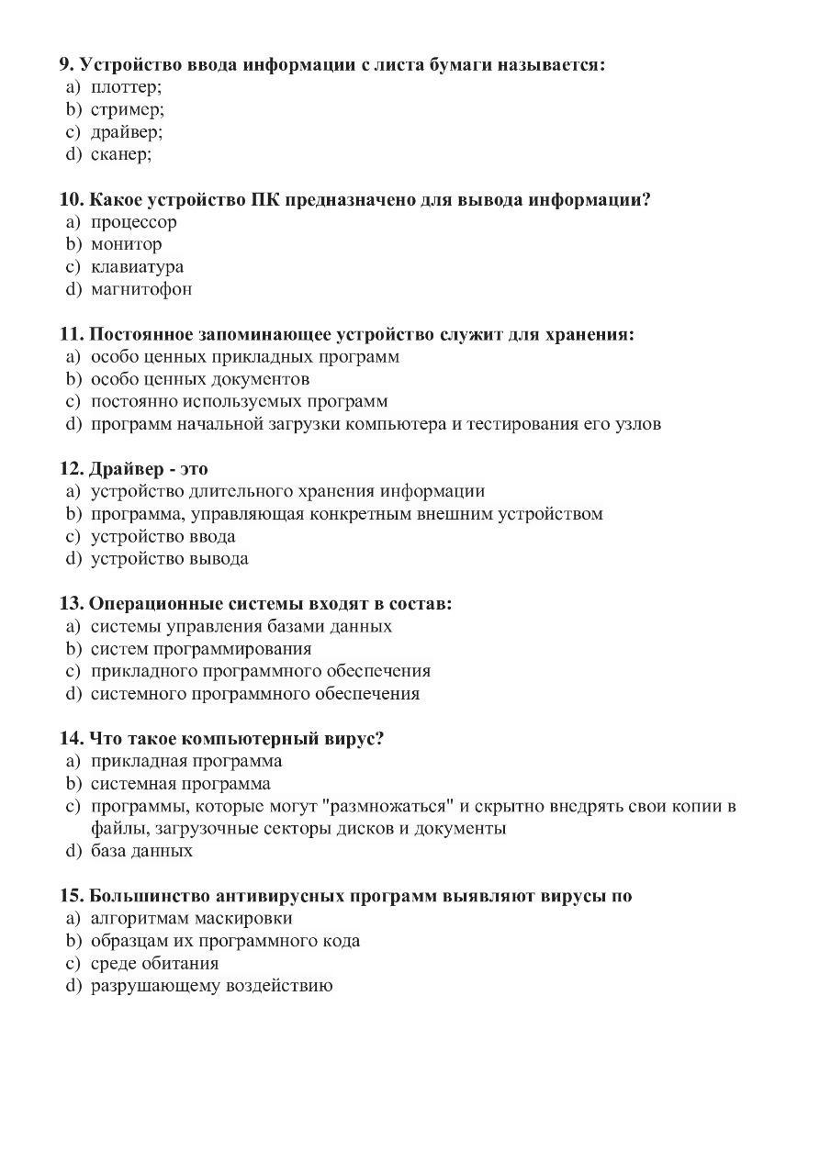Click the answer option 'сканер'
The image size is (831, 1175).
click(120, 154)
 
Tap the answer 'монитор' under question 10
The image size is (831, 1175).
click(126, 244)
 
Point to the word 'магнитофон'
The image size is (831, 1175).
click(141, 289)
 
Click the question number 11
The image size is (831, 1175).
click(72, 334)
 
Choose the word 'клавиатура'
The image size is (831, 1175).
click(137, 267)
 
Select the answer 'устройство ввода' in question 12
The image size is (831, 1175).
click(163, 536)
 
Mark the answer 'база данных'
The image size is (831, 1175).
click(141, 851)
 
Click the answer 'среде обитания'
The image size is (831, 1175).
click(154, 964)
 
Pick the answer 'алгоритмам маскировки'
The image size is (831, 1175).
click(191, 918)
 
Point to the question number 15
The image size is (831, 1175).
click(72, 896)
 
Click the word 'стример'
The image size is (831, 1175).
click(127, 110)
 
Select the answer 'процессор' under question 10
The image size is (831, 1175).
click(133, 222)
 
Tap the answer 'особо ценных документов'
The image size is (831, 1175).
click(199, 379)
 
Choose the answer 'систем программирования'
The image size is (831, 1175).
click(200, 649)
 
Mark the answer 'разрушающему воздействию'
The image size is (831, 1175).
click(211, 986)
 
